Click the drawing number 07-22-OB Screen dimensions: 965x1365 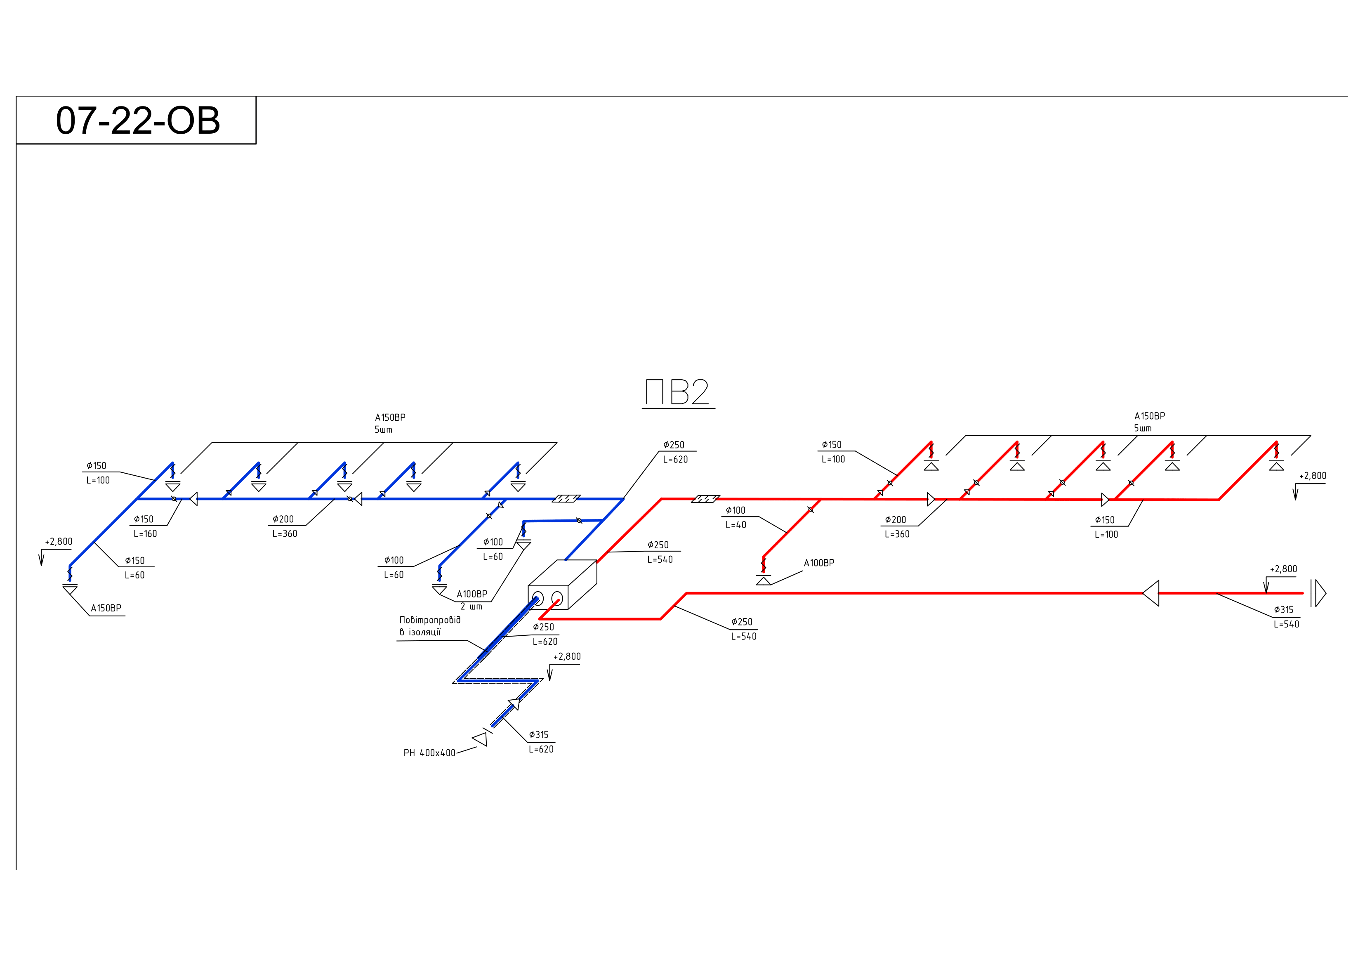(x=137, y=121)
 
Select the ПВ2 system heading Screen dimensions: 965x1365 (x=678, y=392)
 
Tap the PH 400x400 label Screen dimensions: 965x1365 (x=429, y=753)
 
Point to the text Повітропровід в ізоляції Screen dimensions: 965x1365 (x=429, y=625)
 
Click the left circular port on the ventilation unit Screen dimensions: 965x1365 (x=538, y=598)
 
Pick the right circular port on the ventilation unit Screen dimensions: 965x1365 (x=557, y=598)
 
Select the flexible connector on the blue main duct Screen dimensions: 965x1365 (x=566, y=498)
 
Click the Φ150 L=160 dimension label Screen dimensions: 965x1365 (x=144, y=526)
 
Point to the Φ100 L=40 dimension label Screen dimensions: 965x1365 (x=736, y=517)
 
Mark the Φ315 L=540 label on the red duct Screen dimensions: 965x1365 (x=1286, y=616)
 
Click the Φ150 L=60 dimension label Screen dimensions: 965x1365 (x=135, y=568)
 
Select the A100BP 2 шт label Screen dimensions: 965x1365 (x=472, y=600)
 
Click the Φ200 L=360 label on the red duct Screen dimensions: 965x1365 (x=896, y=527)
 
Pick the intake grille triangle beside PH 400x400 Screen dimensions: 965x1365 (x=480, y=739)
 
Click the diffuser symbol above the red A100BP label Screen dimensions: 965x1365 (x=764, y=579)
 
